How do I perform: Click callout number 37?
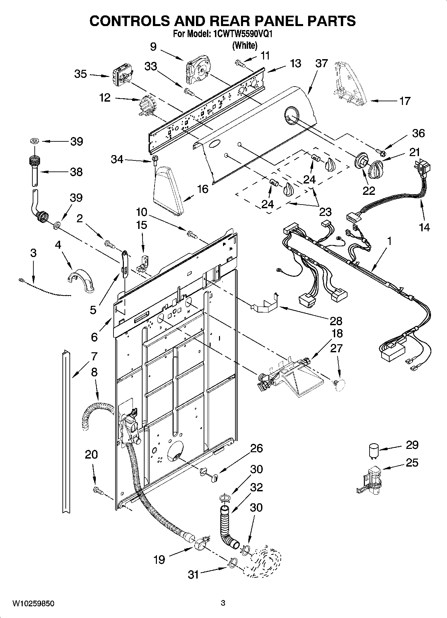[x=321, y=63]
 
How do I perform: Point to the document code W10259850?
[x=33, y=603]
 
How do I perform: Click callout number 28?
[x=336, y=321]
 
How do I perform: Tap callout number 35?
[x=80, y=74]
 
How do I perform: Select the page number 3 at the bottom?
[x=223, y=603]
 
